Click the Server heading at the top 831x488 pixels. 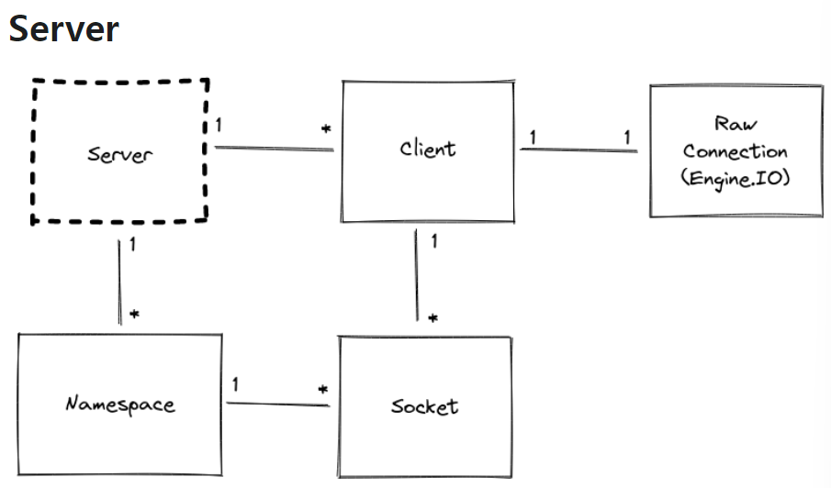(x=63, y=28)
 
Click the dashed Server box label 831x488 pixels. (x=118, y=153)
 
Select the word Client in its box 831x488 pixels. (x=427, y=148)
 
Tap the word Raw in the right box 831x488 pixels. (x=735, y=125)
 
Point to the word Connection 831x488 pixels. (x=735, y=151)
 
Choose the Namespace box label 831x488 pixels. (x=119, y=404)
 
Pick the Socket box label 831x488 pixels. (x=424, y=405)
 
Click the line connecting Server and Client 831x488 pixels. (x=273, y=147)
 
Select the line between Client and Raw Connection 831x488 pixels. (x=578, y=148)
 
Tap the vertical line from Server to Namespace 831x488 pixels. (x=120, y=281)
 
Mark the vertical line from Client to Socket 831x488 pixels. (x=418, y=275)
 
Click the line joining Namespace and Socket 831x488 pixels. (x=277, y=402)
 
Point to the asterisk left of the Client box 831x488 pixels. (x=326, y=130)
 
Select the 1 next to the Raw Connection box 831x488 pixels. (x=627, y=137)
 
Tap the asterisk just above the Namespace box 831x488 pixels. (x=134, y=315)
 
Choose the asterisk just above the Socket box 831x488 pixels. (x=432, y=318)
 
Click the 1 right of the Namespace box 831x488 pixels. (x=236, y=384)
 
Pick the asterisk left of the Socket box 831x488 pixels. (x=323, y=390)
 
